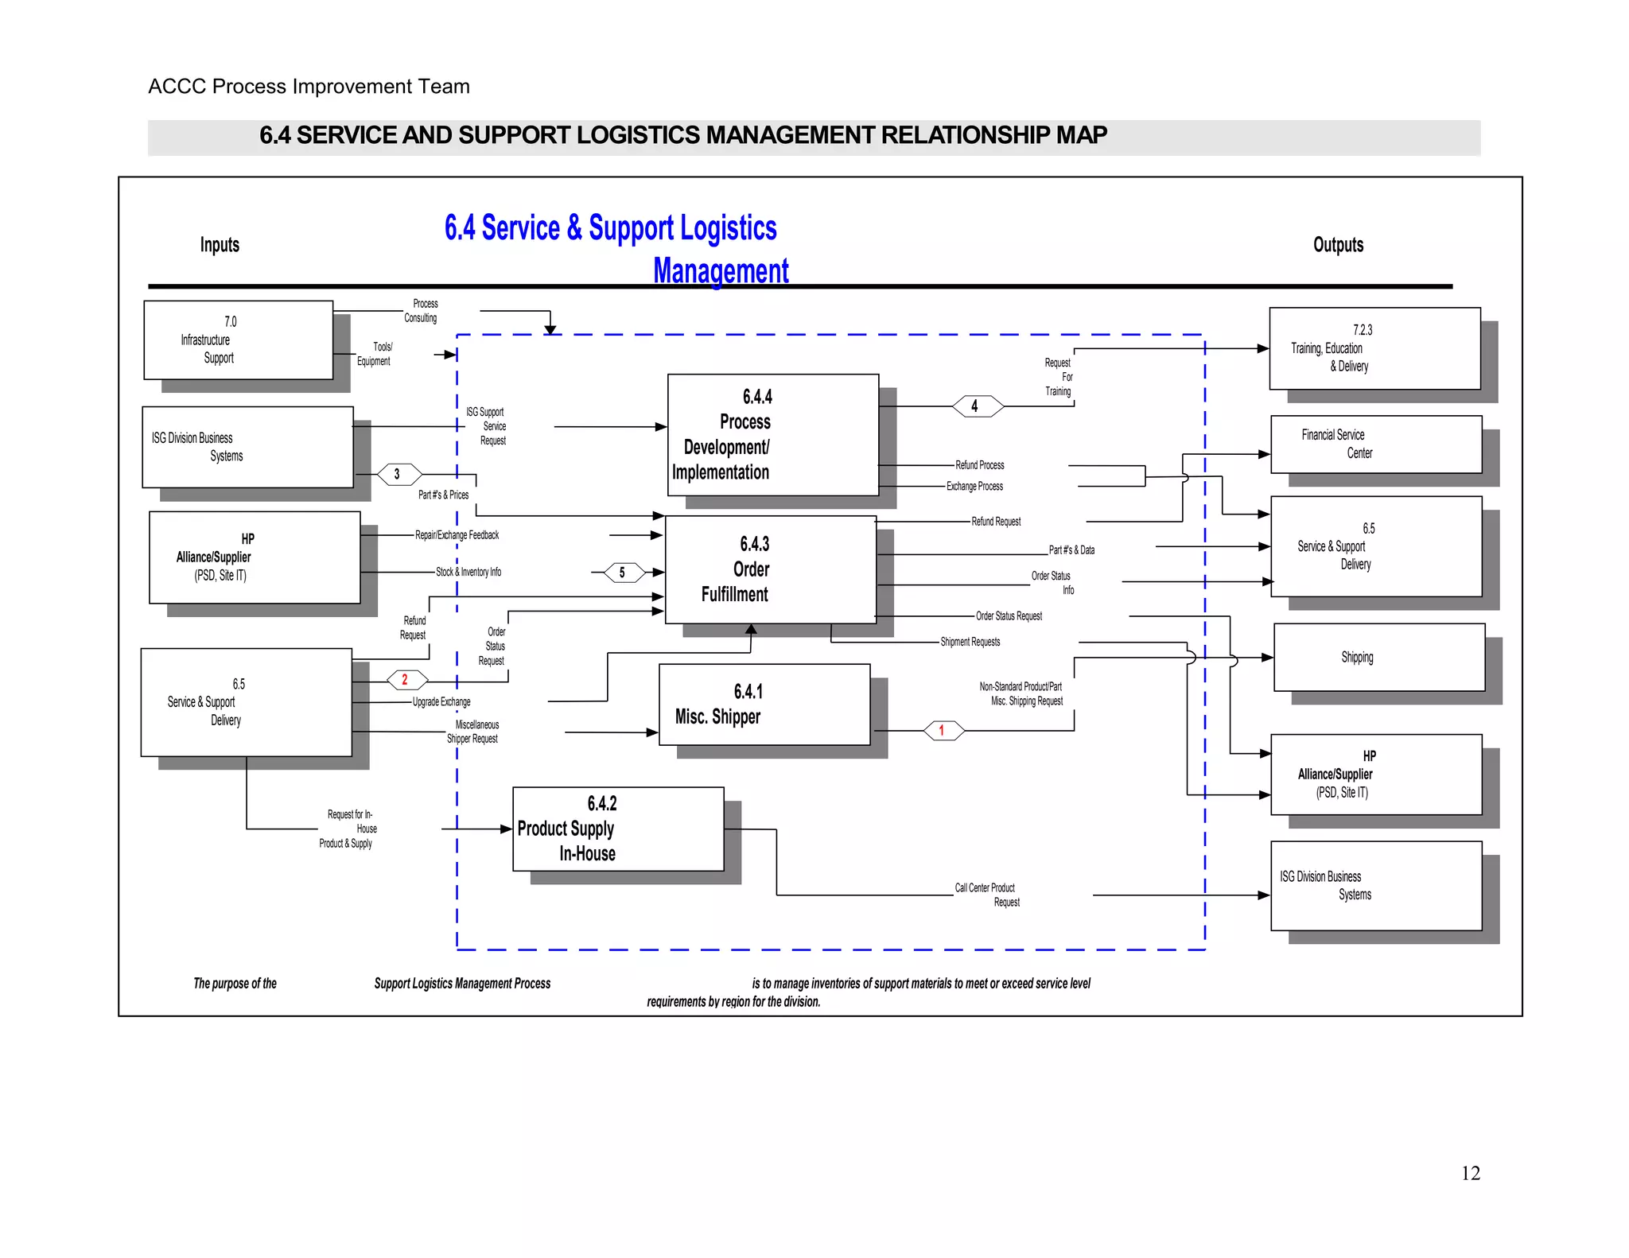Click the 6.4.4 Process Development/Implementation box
tap(772, 434)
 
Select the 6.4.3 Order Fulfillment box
tap(770, 569)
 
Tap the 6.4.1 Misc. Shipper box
tap(764, 705)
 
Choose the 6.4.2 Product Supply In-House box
tap(618, 829)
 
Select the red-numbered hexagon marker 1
tap(943, 730)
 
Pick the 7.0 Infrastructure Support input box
tap(238, 340)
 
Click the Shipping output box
tap(1378, 658)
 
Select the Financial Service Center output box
tap(1375, 444)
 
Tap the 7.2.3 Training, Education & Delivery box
tap(1374, 348)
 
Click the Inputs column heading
tap(220, 245)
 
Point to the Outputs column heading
tap(1338, 245)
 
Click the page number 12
tap(1470, 1173)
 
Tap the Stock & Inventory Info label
tap(468, 572)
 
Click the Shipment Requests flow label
tap(970, 642)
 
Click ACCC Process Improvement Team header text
tap(309, 86)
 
